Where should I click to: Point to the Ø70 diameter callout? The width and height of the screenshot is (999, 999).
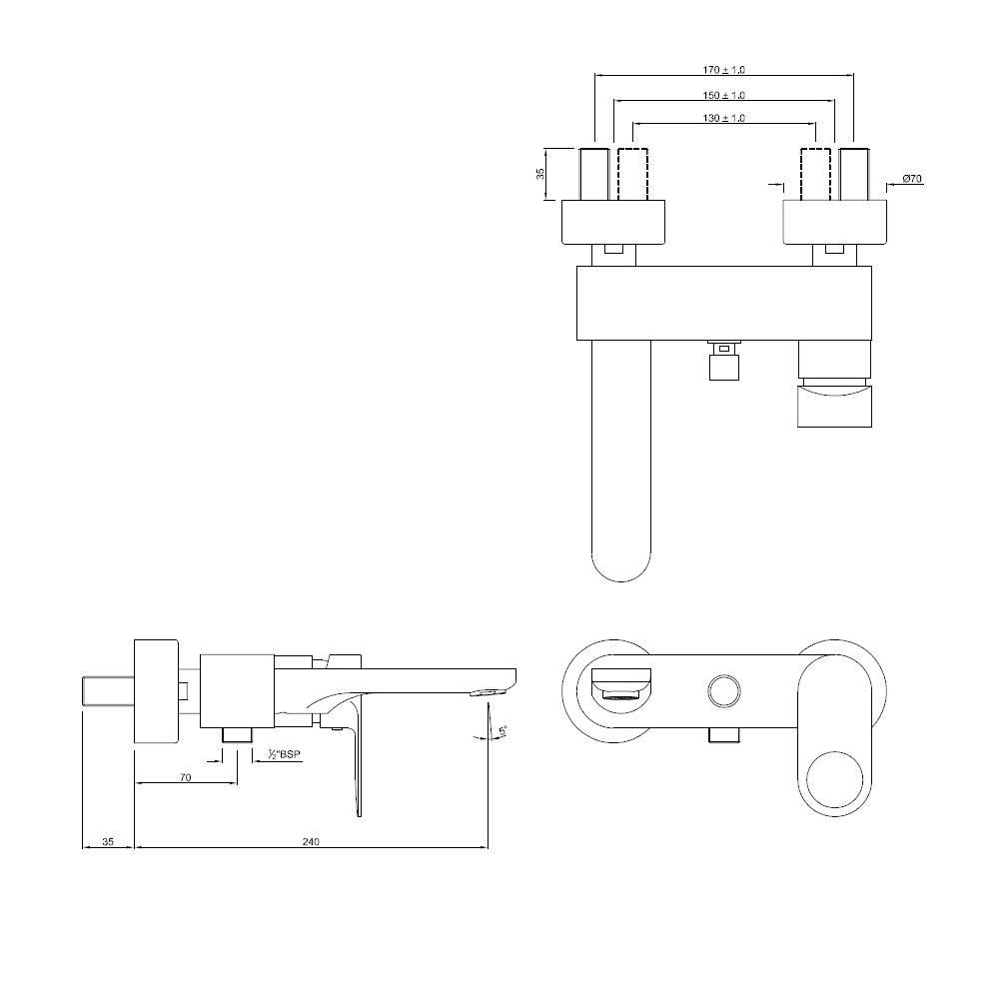pos(911,179)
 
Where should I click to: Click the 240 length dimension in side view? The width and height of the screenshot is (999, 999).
pos(310,842)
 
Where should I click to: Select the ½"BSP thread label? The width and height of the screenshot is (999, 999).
pos(284,756)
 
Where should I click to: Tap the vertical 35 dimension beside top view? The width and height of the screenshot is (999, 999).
pos(540,174)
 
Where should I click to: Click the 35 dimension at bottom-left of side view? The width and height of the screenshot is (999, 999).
pos(108,842)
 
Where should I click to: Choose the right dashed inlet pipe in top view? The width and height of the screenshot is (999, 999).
pos(816,174)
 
